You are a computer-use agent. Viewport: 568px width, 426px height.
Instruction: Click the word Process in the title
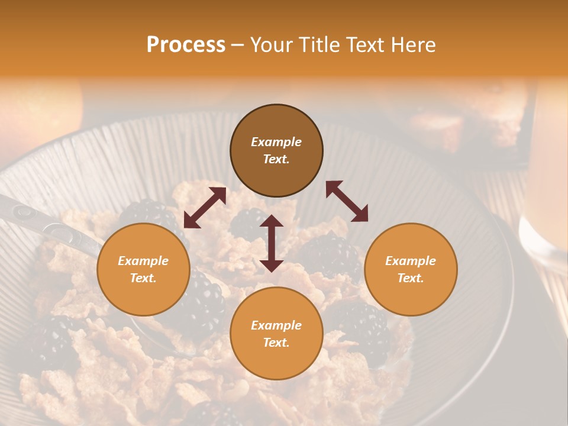[186, 45]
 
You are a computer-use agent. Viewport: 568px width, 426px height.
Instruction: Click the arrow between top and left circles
[205, 208]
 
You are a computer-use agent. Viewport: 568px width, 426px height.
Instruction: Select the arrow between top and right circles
[347, 201]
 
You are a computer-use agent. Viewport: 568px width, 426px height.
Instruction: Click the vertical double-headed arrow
[272, 243]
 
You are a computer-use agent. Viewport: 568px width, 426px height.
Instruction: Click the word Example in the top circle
[276, 142]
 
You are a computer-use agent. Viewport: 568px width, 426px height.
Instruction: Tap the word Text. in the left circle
[143, 278]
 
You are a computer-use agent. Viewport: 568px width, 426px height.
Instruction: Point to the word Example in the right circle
[410, 261]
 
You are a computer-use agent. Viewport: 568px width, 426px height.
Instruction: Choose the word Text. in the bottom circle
[276, 343]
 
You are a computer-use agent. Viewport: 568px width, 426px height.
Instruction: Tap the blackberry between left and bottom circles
[204, 302]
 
